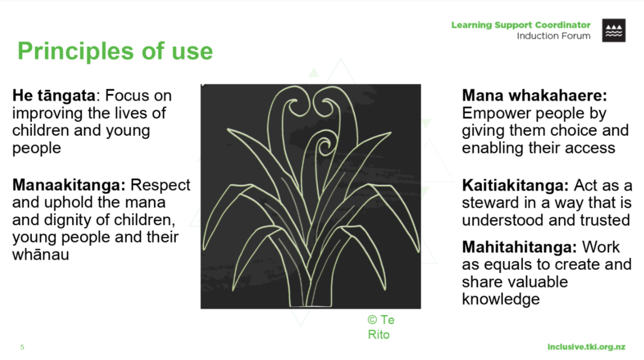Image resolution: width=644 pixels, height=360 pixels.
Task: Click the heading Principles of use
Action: [115, 52]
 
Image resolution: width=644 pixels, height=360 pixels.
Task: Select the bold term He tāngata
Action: [54, 96]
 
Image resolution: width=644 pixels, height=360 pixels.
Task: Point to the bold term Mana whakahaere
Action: [534, 95]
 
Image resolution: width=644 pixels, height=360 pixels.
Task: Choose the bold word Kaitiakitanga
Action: [515, 185]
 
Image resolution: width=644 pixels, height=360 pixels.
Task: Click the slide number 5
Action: [22, 347]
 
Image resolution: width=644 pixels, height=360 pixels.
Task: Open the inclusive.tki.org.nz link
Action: [586, 347]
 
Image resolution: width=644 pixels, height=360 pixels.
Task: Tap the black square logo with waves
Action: [614, 30]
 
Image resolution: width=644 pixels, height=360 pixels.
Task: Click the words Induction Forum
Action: [554, 36]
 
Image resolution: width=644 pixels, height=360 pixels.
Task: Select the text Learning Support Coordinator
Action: [521, 25]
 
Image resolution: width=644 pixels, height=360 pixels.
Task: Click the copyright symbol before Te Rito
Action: [372, 320]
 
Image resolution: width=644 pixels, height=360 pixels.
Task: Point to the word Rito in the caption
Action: [379, 335]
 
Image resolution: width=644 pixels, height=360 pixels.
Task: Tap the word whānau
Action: [40, 255]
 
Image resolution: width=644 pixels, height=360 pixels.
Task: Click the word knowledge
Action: [501, 299]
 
